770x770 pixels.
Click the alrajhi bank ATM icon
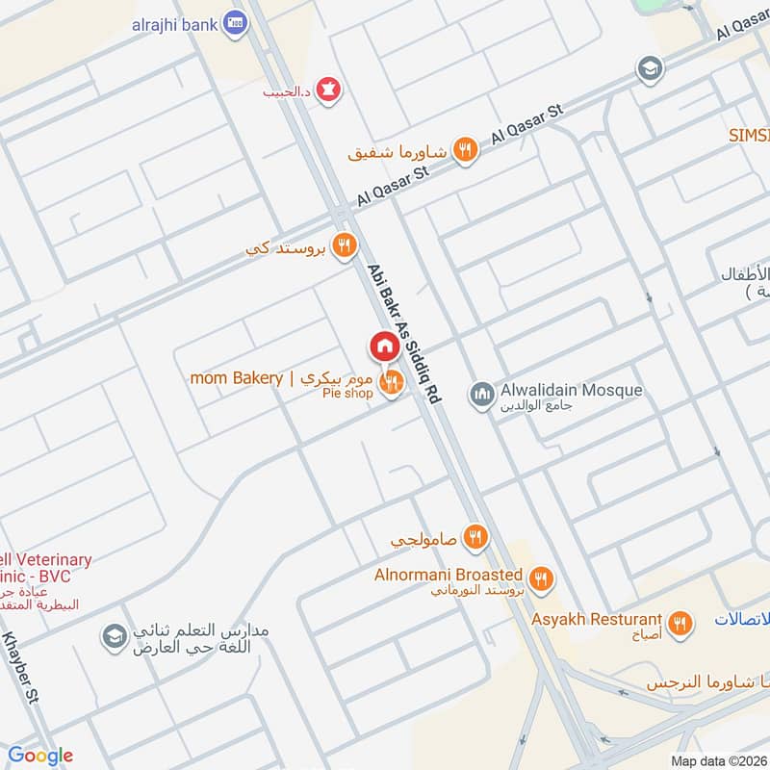233,22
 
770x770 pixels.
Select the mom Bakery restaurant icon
391,384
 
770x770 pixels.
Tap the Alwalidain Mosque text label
571,391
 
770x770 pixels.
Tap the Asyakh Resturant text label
597,620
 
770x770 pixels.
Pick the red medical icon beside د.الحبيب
330,90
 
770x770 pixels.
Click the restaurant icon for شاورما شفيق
466,150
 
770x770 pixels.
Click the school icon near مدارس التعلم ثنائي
114,636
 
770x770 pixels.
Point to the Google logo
40,756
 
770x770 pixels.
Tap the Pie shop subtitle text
347,395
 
